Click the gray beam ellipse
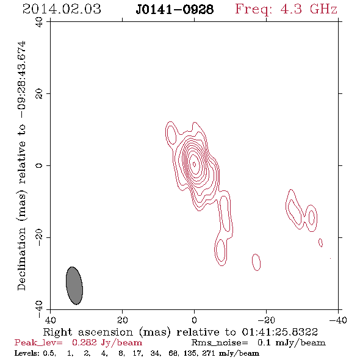pos(74,286)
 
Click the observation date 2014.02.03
pos(62,9)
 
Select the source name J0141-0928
pos(175,9)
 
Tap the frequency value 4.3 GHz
pos(309,9)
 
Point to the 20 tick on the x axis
pos(123,320)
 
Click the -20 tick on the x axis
pos(266,320)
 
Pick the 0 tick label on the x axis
pos(194,320)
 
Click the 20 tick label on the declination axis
pos(39,94)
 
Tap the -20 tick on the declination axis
pos(39,237)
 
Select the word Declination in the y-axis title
pos(21,259)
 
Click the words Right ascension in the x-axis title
pos(88,332)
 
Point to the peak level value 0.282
pos(84,342)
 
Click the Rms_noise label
pos(220,343)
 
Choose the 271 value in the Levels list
pos(209,353)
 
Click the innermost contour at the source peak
pos(194,164)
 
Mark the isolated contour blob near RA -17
pos(256,262)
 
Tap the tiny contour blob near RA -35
pos(320,243)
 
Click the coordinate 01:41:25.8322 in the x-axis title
pos(279,332)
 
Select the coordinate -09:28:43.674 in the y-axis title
pos(21,80)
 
